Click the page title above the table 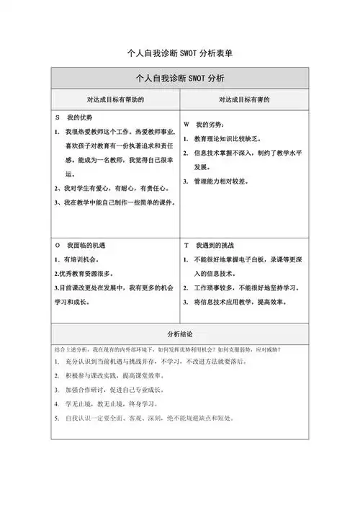pos(179,53)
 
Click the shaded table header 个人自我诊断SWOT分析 pos(180,77)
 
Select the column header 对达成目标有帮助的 pos(115,99)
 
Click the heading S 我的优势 pos(76,117)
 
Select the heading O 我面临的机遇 pos(81,246)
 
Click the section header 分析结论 pos(180,334)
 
